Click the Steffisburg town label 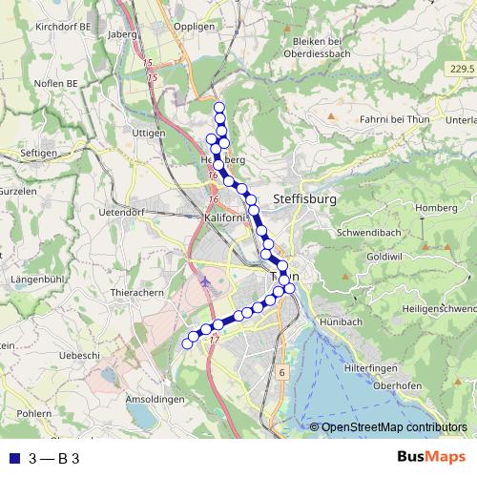click(x=305, y=199)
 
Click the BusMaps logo click(x=432, y=458)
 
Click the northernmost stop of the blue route click(x=219, y=107)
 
